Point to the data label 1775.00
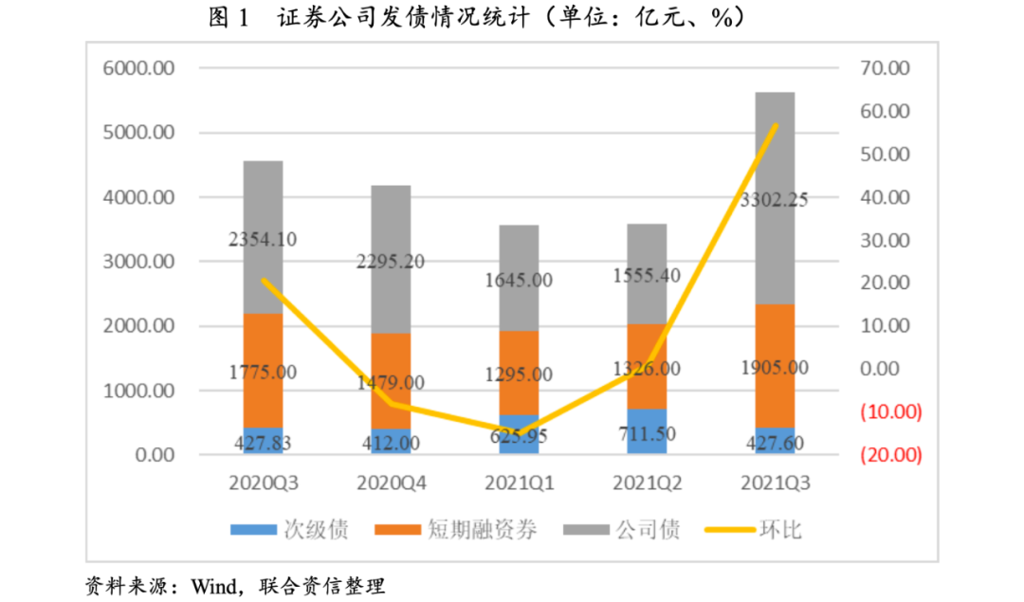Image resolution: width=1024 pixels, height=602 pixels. [263, 372]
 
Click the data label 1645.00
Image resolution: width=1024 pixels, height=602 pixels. [519, 281]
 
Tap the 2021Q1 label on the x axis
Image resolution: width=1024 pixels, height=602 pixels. [519, 483]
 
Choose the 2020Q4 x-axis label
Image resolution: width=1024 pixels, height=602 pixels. [391, 483]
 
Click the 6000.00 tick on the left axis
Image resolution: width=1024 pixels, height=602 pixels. [139, 69]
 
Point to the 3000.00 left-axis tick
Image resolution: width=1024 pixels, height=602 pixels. [139, 262]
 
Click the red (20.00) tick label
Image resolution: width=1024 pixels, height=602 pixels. [891, 455]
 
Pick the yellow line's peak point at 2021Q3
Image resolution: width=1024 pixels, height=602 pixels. [776, 125]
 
